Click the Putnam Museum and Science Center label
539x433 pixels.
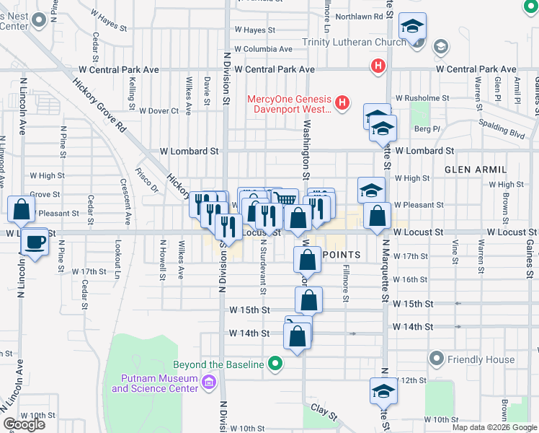[x=154, y=383]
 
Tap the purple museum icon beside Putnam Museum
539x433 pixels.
[x=209, y=381]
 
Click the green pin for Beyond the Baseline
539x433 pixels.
[x=275, y=364]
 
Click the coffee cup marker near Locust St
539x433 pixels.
[x=35, y=242]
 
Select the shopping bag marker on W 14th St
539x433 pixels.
[x=298, y=336]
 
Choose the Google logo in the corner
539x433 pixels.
[x=24, y=424]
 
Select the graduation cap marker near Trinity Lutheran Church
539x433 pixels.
[x=413, y=28]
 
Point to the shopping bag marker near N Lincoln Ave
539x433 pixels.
[x=22, y=209]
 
